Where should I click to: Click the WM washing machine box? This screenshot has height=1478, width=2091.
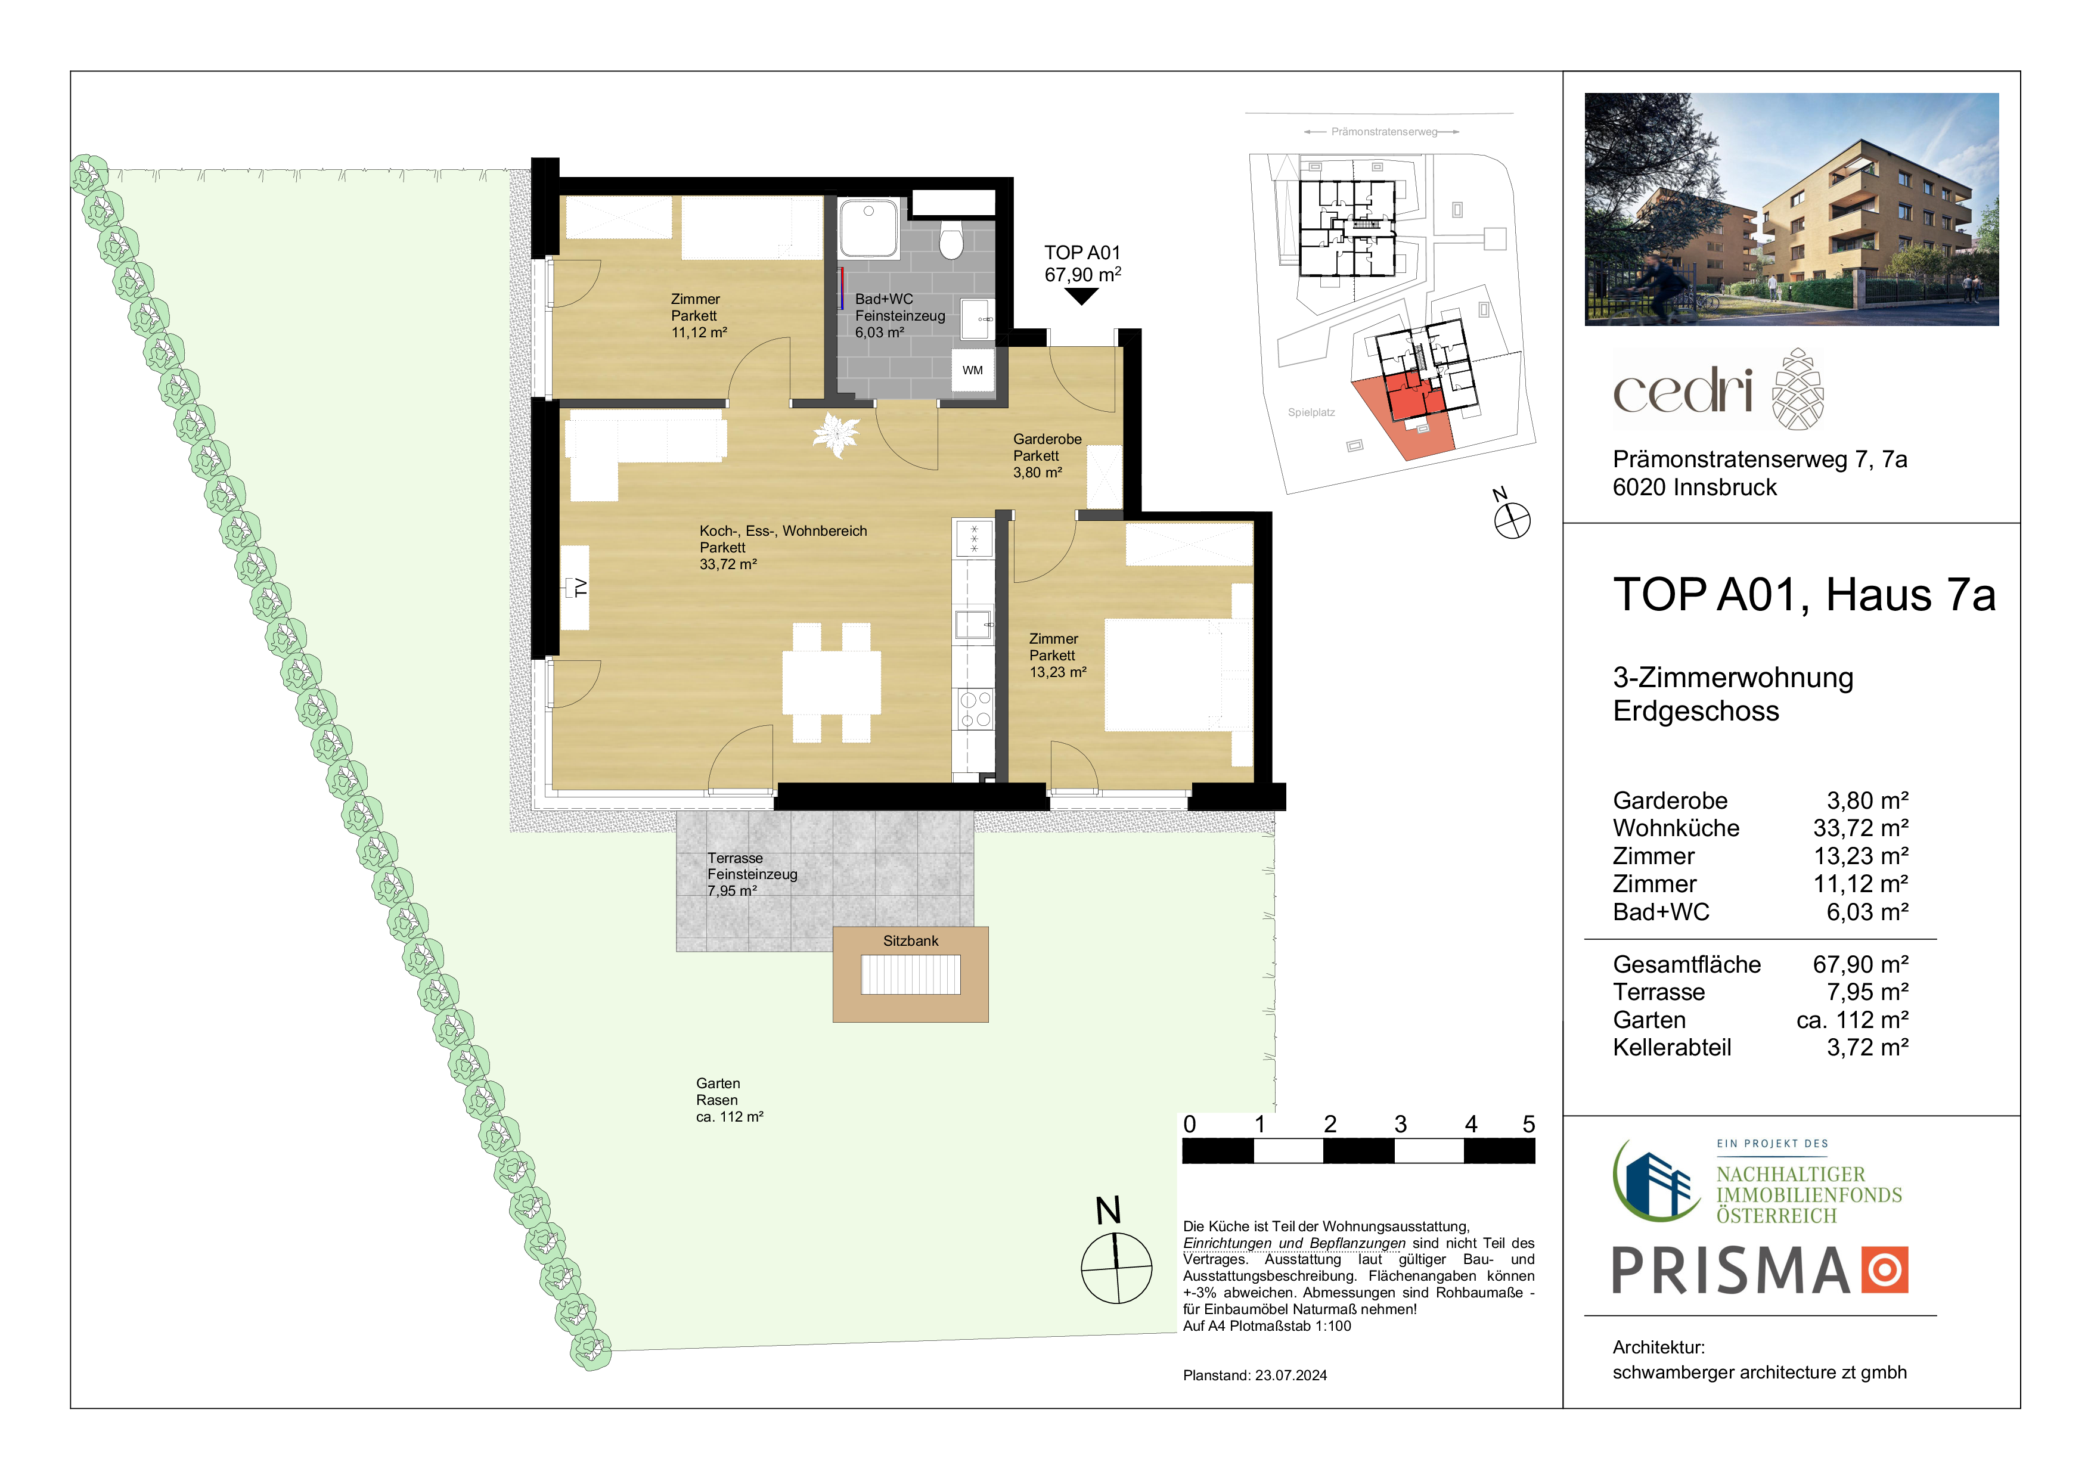(973, 369)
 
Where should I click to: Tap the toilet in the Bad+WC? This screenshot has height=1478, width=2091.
(952, 242)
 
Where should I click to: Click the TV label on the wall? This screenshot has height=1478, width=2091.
(578, 588)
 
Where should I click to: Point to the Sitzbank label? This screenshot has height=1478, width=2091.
(911, 940)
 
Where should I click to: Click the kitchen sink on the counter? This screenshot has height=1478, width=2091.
(973, 624)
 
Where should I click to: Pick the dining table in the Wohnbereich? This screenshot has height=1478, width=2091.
(832, 682)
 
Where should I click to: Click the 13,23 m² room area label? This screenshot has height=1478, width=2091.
(1057, 672)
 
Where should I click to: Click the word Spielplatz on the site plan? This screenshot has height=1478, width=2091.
(1311, 412)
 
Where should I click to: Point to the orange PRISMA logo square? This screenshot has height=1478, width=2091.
(1884, 1269)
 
